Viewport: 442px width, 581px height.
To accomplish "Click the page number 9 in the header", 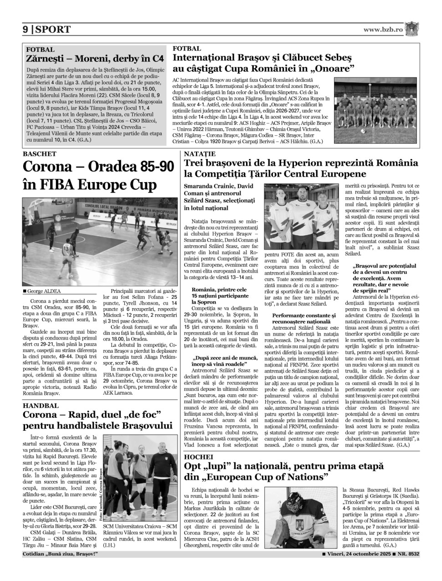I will point(26,30).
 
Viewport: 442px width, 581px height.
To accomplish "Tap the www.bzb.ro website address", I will point(383,29).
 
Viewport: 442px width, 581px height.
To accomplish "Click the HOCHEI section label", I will point(199,457).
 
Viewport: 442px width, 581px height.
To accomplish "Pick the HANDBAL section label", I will point(41,405).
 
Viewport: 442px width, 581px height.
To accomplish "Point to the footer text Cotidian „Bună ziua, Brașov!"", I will point(60,554).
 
